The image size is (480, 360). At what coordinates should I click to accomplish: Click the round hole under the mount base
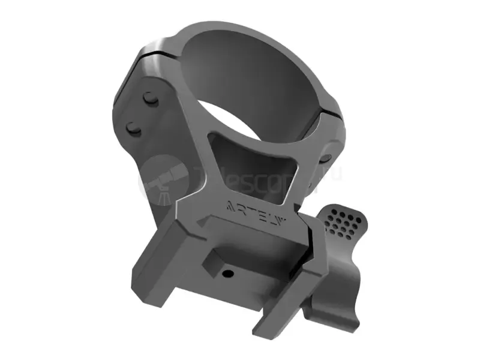coord(228,274)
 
